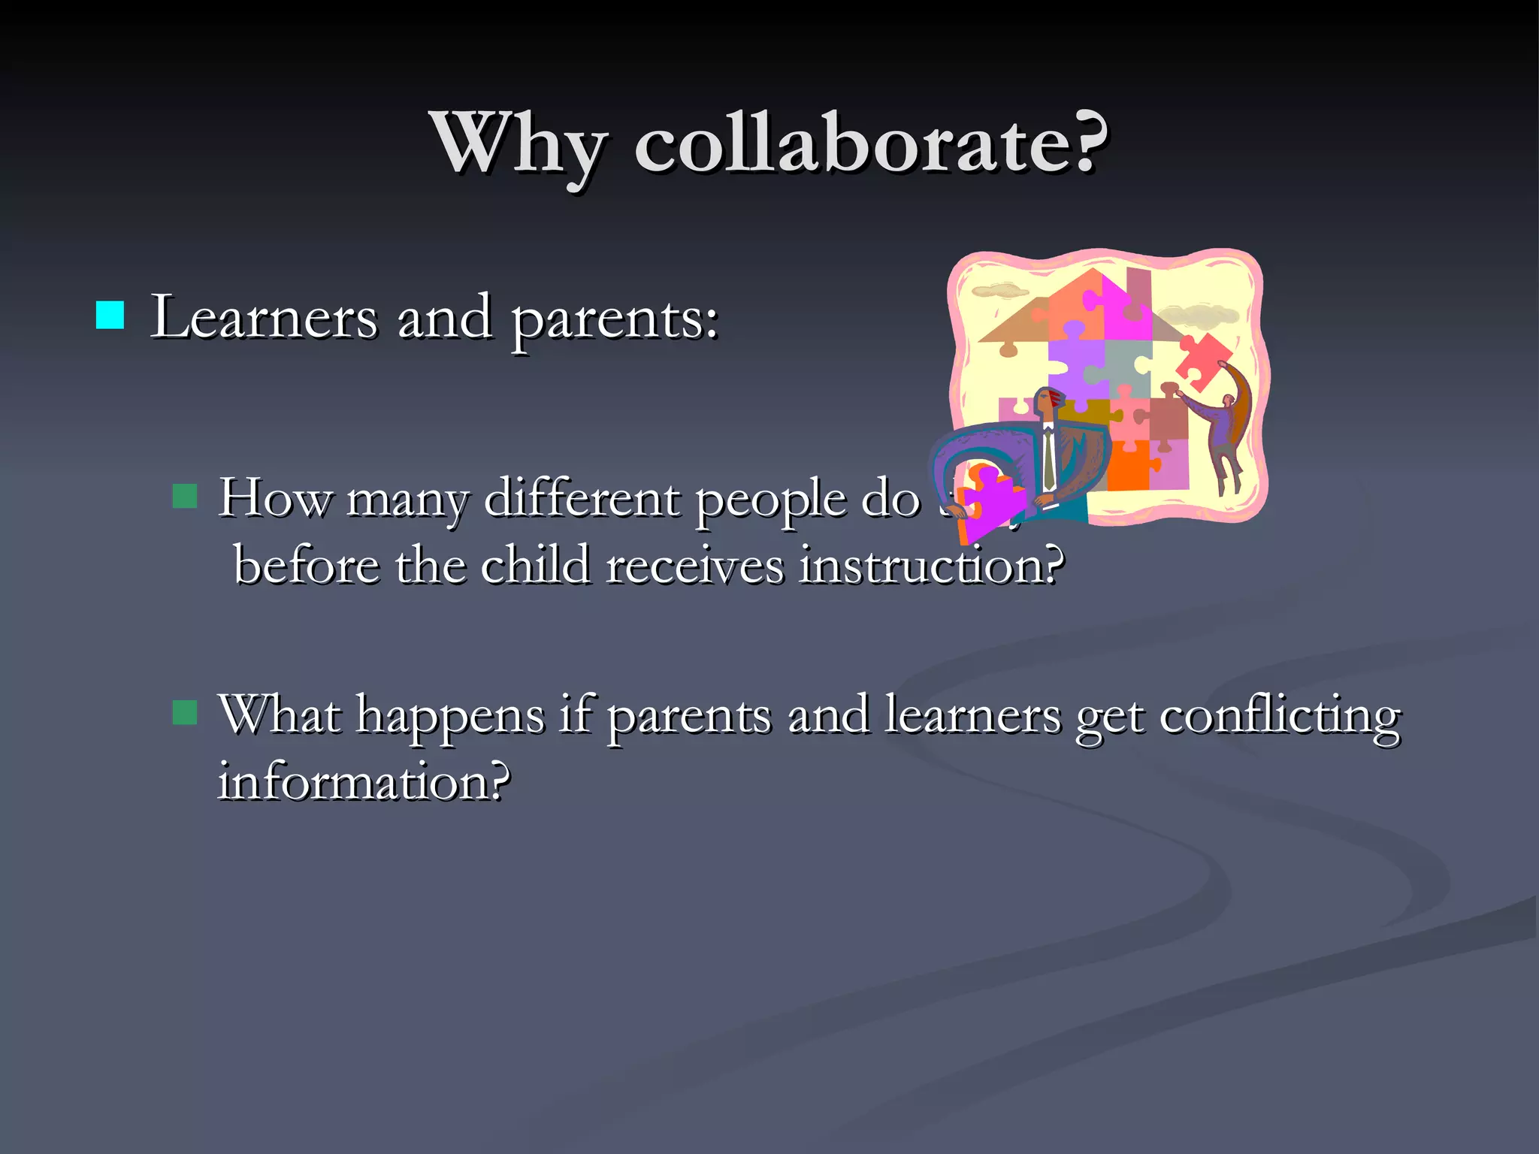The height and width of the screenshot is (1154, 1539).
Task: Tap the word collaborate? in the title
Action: [870, 143]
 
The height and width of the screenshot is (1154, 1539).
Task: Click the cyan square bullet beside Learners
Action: [110, 316]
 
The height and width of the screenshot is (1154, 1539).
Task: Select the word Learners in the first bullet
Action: [263, 317]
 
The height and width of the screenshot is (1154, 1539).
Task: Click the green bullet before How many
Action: [185, 496]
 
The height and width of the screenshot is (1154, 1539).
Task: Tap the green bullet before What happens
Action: [185, 711]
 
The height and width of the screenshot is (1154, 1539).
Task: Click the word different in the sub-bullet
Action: [582, 497]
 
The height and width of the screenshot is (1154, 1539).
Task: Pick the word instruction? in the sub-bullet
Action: [932, 565]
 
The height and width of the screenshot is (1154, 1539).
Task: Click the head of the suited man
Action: [1048, 402]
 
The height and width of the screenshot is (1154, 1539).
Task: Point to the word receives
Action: [694, 565]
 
